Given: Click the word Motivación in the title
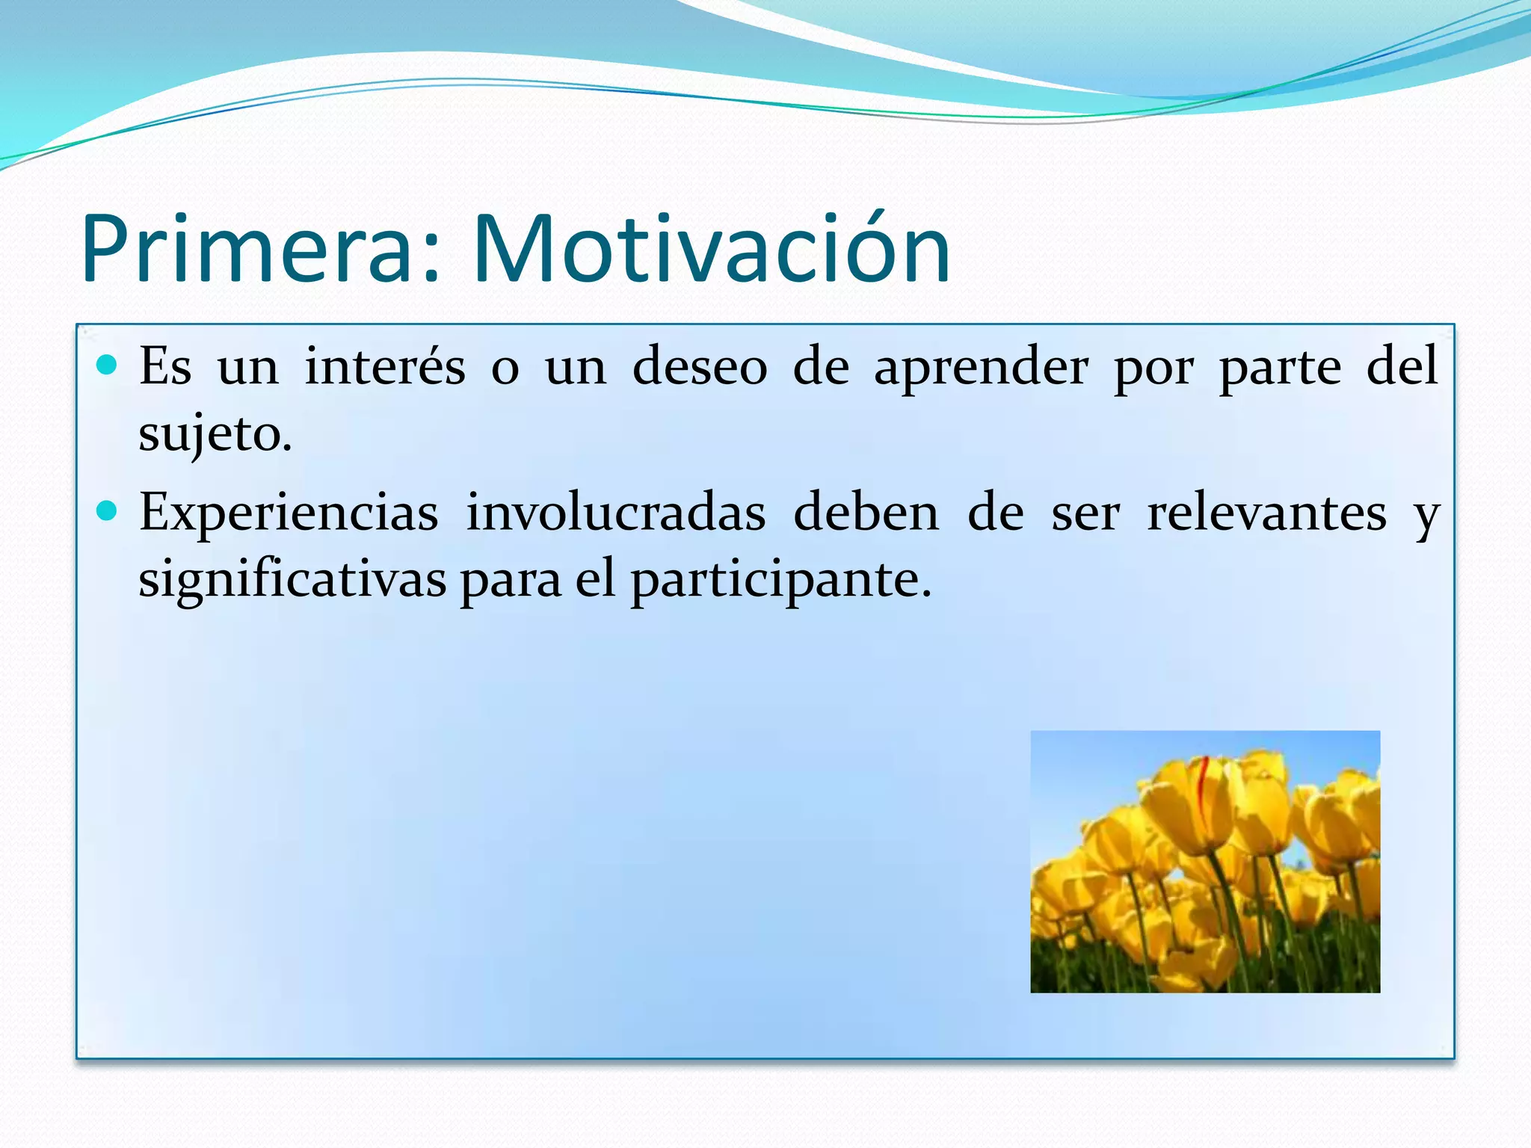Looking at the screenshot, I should [711, 250].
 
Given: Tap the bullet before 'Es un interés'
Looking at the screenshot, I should [108, 365].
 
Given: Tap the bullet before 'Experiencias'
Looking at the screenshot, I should [108, 511].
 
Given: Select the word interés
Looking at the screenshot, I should [385, 367].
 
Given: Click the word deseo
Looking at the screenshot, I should [700, 367].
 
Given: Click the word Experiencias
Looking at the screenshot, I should [289, 514].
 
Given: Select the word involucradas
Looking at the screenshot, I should [616, 514].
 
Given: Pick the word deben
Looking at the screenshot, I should [866, 514].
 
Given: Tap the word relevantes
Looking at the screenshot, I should [1266, 514].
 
